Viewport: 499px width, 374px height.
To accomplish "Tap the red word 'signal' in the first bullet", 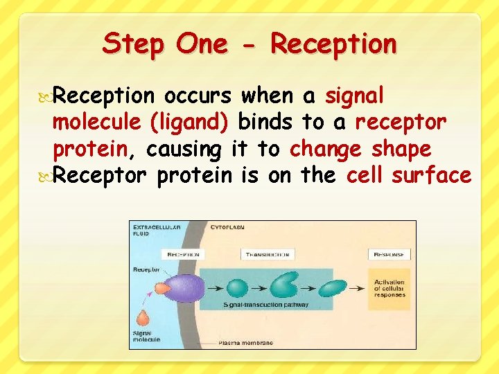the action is pyautogui.click(x=355, y=96).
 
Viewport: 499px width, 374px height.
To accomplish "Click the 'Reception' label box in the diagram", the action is pyautogui.click(x=180, y=254).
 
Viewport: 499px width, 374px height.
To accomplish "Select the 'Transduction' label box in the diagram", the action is pyautogui.click(x=268, y=254).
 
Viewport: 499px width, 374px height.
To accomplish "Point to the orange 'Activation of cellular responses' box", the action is pyautogui.click(x=390, y=289).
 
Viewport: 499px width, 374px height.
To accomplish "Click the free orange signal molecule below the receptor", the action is pyautogui.click(x=143, y=318).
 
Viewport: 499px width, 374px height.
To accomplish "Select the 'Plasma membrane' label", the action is pyautogui.click(x=247, y=342).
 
